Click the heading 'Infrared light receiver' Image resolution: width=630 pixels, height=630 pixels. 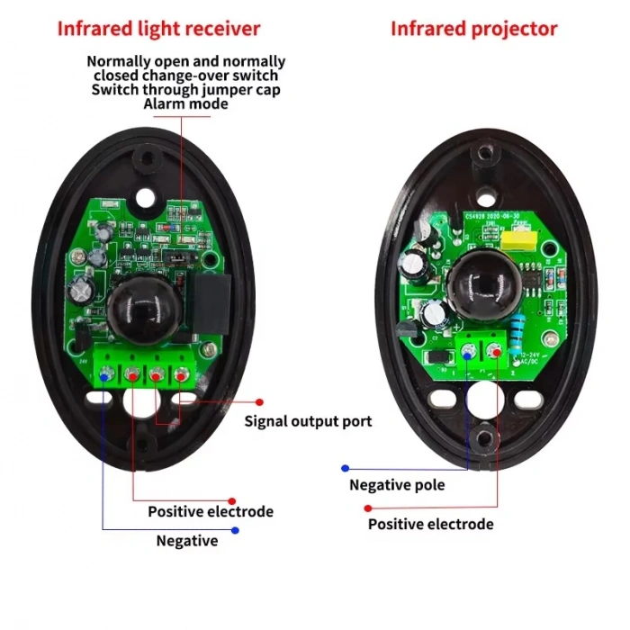158,28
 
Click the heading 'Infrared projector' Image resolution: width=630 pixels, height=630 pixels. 473,28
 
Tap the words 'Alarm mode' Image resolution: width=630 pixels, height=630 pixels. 186,103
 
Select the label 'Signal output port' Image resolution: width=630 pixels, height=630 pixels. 309,421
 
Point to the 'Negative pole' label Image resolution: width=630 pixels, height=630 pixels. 397,485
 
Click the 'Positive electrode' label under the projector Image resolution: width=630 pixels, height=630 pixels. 430,524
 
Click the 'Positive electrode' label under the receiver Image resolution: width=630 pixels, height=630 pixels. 211,511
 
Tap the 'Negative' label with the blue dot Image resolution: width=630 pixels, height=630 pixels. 187,541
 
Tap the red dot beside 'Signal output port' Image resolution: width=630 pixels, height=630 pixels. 259,402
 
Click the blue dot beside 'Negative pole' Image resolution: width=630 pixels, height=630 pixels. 344,468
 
